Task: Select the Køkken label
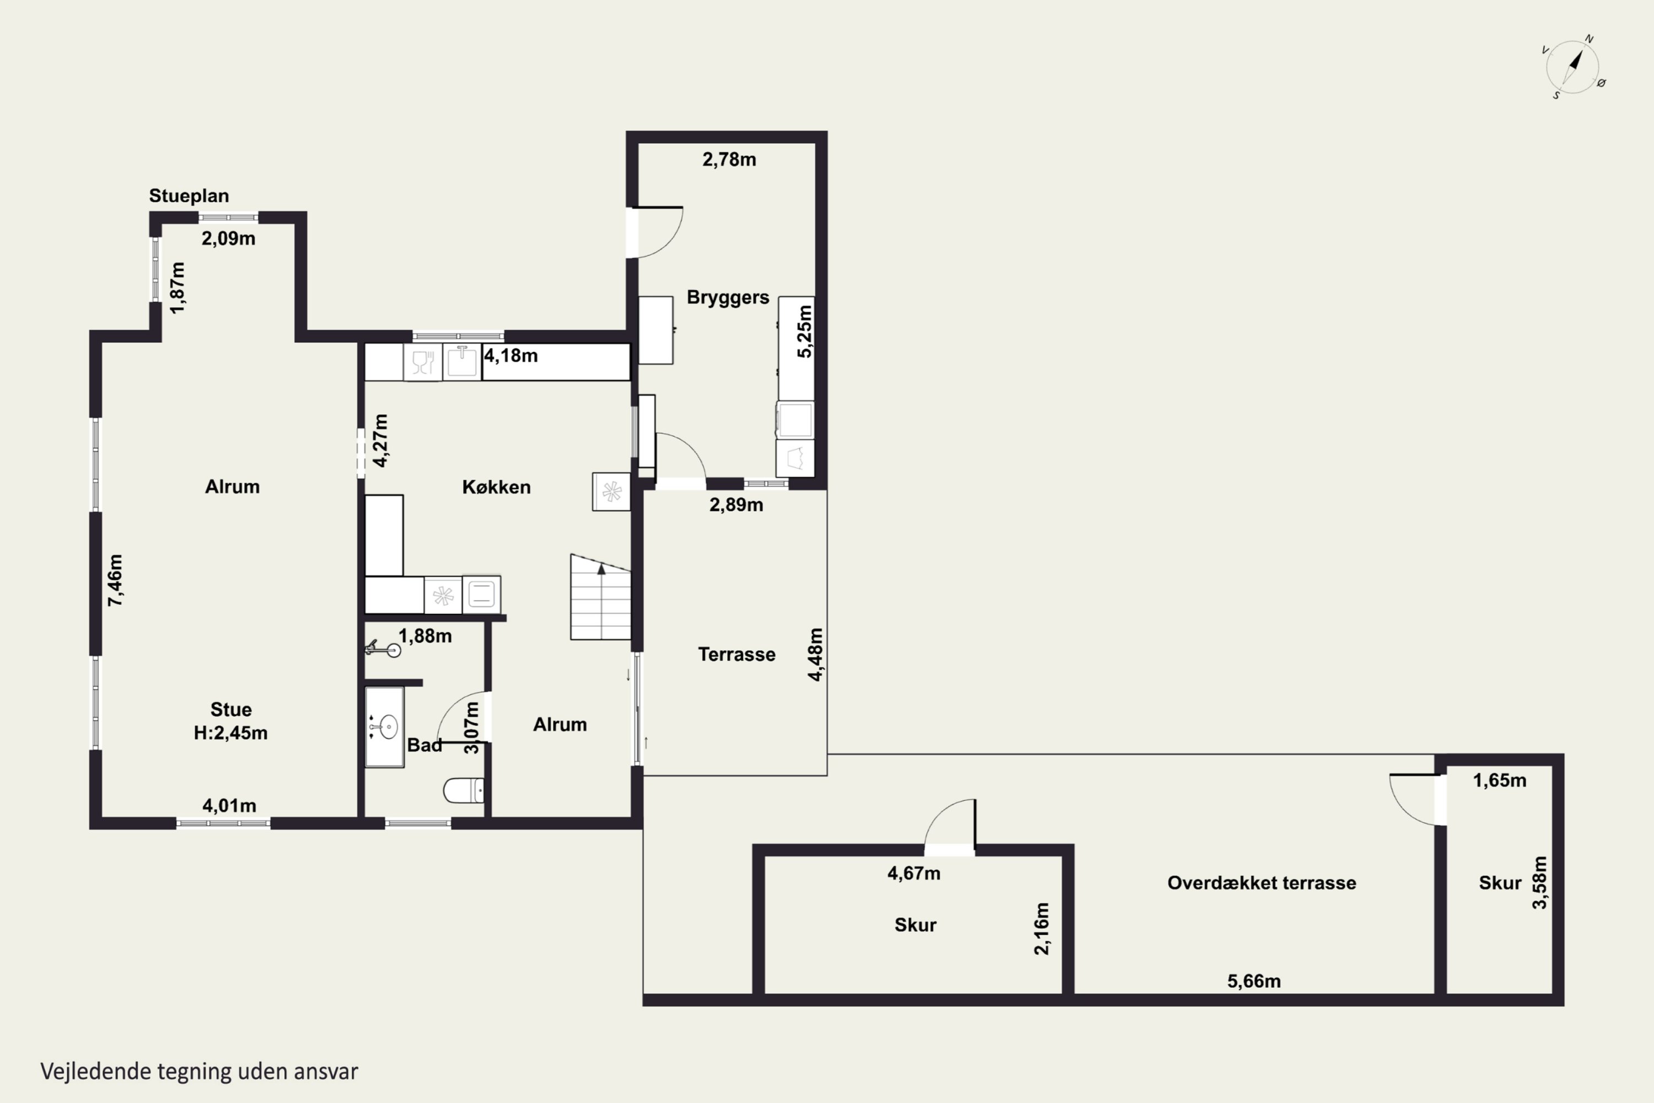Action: click(497, 487)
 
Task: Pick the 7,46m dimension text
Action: click(115, 580)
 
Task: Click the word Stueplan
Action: click(189, 196)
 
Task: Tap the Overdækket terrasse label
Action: click(1261, 883)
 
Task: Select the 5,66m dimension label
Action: click(1254, 981)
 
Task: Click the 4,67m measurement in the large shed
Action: click(914, 873)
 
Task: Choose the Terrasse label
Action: click(736, 654)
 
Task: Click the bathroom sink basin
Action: click(388, 727)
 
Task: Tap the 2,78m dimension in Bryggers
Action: click(729, 160)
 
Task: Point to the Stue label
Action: click(230, 709)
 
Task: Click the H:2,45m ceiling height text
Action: click(230, 732)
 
